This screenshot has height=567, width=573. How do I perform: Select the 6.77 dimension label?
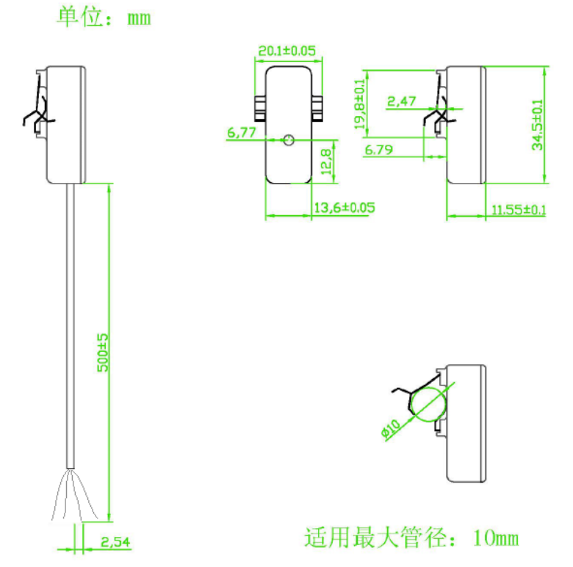[x=241, y=132]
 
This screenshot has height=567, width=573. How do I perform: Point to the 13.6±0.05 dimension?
[x=344, y=208]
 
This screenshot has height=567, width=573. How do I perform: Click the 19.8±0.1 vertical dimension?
[x=360, y=104]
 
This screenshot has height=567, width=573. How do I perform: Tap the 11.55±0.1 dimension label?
[x=519, y=210]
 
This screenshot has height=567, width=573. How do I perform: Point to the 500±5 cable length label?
[x=103, y=352]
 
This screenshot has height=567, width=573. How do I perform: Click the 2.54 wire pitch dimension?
[x=115, y=543]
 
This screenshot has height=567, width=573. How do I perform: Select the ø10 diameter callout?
[x=390, y=430]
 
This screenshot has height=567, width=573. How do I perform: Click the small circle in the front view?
[x=289, y=140]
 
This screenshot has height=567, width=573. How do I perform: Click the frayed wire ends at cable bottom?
[x=71, y=496]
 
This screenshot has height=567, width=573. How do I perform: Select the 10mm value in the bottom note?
[x=496, y=538]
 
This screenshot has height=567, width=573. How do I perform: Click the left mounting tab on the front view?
[x=259, y=108]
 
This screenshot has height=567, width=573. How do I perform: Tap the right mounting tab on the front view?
[x=317, y=108]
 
